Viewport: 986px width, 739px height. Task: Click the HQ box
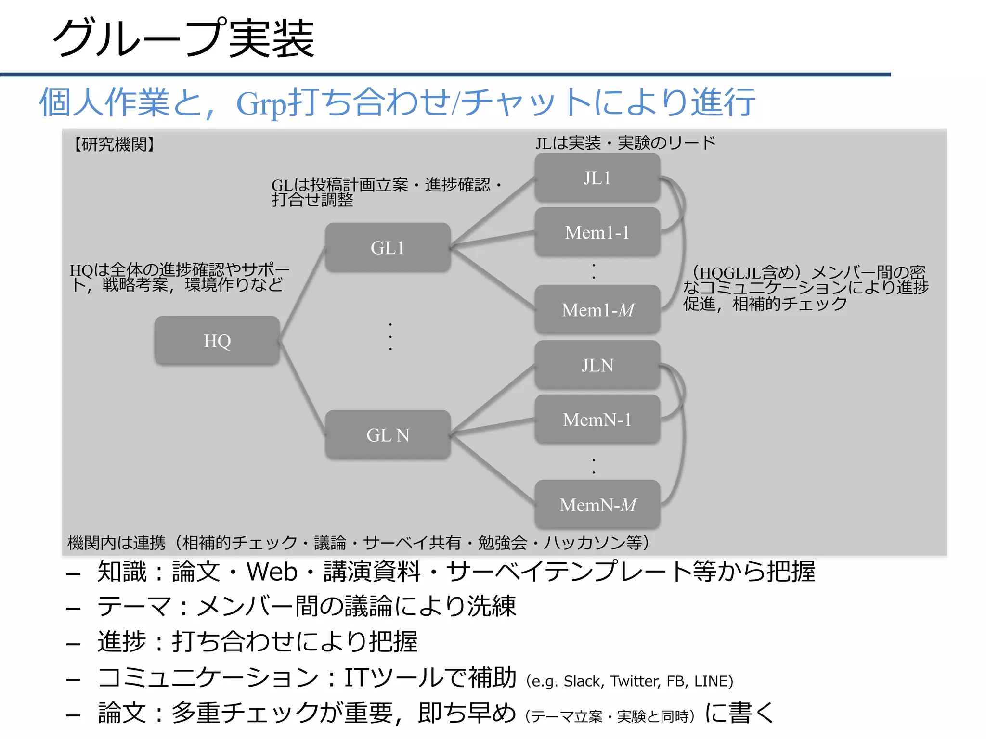pyautogui.click(x=217, y=341)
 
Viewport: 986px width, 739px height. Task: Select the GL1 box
pyautogui.click(x=388, y=248)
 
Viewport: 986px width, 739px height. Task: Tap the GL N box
pyautogui.click(x=388, y=435)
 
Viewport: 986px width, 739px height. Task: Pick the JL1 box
pyautogui.click(x=597, y=178)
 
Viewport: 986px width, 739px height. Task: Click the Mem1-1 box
pyautogui.click(x=597, y=232)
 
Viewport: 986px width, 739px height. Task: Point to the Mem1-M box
pyautogui.click(x=597, y=310)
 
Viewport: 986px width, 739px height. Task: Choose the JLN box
pyautogui.click(x=597, y=365)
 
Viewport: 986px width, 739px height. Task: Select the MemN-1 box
pyautogui.click(x=597, y=420)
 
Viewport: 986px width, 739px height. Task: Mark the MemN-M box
pyautogui.click(x=597, y=505)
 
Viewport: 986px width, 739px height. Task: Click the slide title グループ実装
pyautogui.click(x=183, y=38)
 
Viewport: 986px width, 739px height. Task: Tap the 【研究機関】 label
pyautogui.click(x=114, y=144)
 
